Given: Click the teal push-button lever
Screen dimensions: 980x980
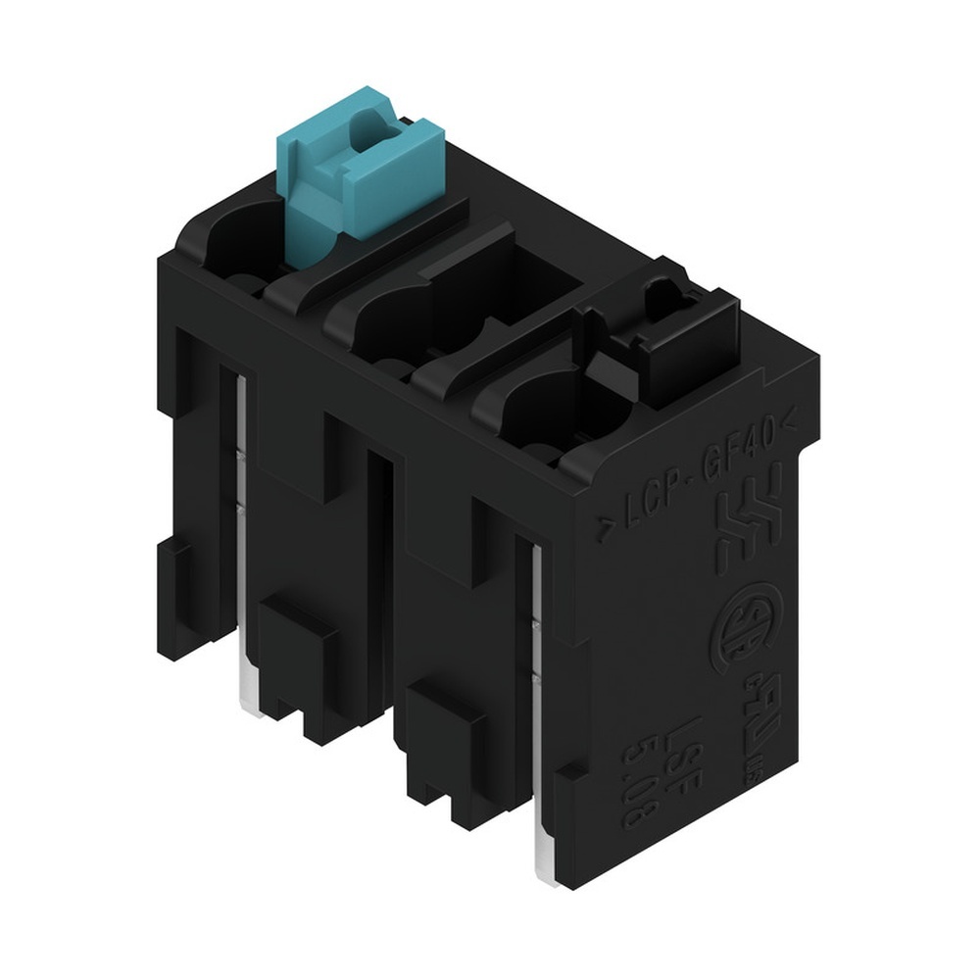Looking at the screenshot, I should [x=357, y=167].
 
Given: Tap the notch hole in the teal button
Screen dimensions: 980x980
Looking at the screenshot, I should [x=373, y=127].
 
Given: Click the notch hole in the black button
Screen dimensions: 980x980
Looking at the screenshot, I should [x=662, y=294].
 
